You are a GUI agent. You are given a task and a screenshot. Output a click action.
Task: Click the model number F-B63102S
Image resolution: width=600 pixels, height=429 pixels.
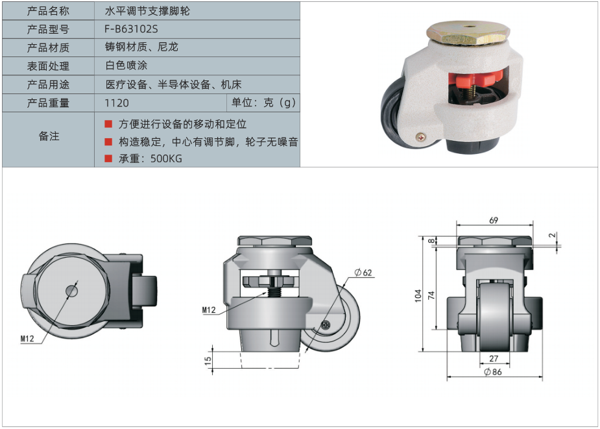pyautogui.click(x=131, y=29)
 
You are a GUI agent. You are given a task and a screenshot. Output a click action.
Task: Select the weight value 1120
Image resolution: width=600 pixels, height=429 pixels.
pyautogui.click(x=117, y=103)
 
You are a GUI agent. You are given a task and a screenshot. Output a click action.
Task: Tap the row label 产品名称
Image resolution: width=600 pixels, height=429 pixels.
pyautogui.click(x=48, y=11)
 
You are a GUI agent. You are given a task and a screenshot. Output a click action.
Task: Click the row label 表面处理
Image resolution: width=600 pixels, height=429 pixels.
pyautogui.click(x=48, y=66)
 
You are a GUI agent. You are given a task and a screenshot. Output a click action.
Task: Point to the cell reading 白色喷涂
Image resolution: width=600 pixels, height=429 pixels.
pyautogui.click(x=126, y=66)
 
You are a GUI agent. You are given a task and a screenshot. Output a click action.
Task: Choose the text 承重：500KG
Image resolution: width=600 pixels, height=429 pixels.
pyautogui.click(x=150, y=158)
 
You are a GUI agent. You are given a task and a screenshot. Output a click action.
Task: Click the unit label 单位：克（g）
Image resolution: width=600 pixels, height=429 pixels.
pyautogui.click(x=263, y=103)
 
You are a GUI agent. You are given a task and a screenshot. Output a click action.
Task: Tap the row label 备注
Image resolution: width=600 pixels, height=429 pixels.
pyautogui.click(x=49, y=136)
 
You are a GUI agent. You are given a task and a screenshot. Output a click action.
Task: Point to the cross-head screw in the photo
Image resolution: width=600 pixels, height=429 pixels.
pyautogui.click(x=422, y=136)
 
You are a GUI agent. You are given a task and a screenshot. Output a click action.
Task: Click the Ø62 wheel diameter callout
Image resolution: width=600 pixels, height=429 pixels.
pyautogui.click(x=363, y=273)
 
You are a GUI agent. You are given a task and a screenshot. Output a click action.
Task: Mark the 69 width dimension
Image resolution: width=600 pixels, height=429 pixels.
pyautogui.click(x=494, y=220)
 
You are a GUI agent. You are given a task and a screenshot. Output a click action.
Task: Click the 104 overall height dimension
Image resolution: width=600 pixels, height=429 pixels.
pyautogui.click(x=418, y=296)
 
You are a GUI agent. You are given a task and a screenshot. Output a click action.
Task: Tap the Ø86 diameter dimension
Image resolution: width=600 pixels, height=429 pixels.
pyautogui.click(x=492, y=371)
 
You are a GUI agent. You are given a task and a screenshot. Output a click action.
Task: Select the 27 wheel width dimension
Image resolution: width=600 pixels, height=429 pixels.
pyautogui.click(x=494, y=358)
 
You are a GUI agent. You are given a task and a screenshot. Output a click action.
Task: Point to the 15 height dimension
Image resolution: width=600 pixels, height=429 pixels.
pyautogui.click(x=208, y=360)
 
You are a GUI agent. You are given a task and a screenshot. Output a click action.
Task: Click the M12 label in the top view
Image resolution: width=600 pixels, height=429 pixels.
pyautogui.click(x=27, y=339)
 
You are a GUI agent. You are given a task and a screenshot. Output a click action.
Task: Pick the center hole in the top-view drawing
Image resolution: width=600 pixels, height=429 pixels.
pyautogui.click(x=71, y=291)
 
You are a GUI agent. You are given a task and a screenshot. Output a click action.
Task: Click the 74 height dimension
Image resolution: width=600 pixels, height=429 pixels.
pyautogui.click(x=431, y=295)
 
